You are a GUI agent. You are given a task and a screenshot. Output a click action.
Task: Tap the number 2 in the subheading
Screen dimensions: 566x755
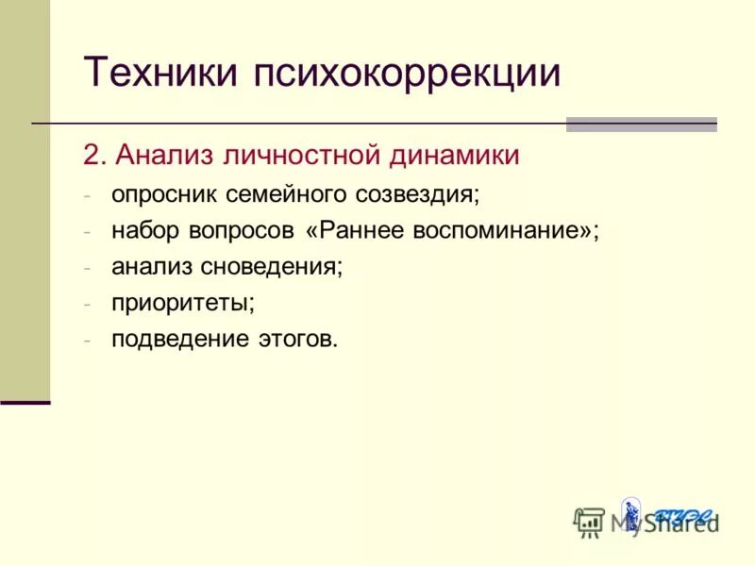click(92, 155)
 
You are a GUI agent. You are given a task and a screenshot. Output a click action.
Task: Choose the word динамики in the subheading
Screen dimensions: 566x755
click(453, 155)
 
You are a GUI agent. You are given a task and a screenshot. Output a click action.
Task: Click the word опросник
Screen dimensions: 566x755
click(164, 194)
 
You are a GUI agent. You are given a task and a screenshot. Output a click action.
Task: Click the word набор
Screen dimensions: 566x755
click(142, 231)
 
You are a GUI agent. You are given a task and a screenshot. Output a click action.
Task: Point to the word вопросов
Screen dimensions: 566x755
click(237, 231)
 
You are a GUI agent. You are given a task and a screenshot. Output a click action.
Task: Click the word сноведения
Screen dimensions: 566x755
click(271, 267)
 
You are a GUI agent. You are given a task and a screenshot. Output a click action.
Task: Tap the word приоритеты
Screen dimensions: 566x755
click(183, 304)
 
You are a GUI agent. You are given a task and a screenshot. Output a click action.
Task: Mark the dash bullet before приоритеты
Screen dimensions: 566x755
click(87, 304)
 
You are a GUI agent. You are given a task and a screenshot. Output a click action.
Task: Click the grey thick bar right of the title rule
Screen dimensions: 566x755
click(641, 124)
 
